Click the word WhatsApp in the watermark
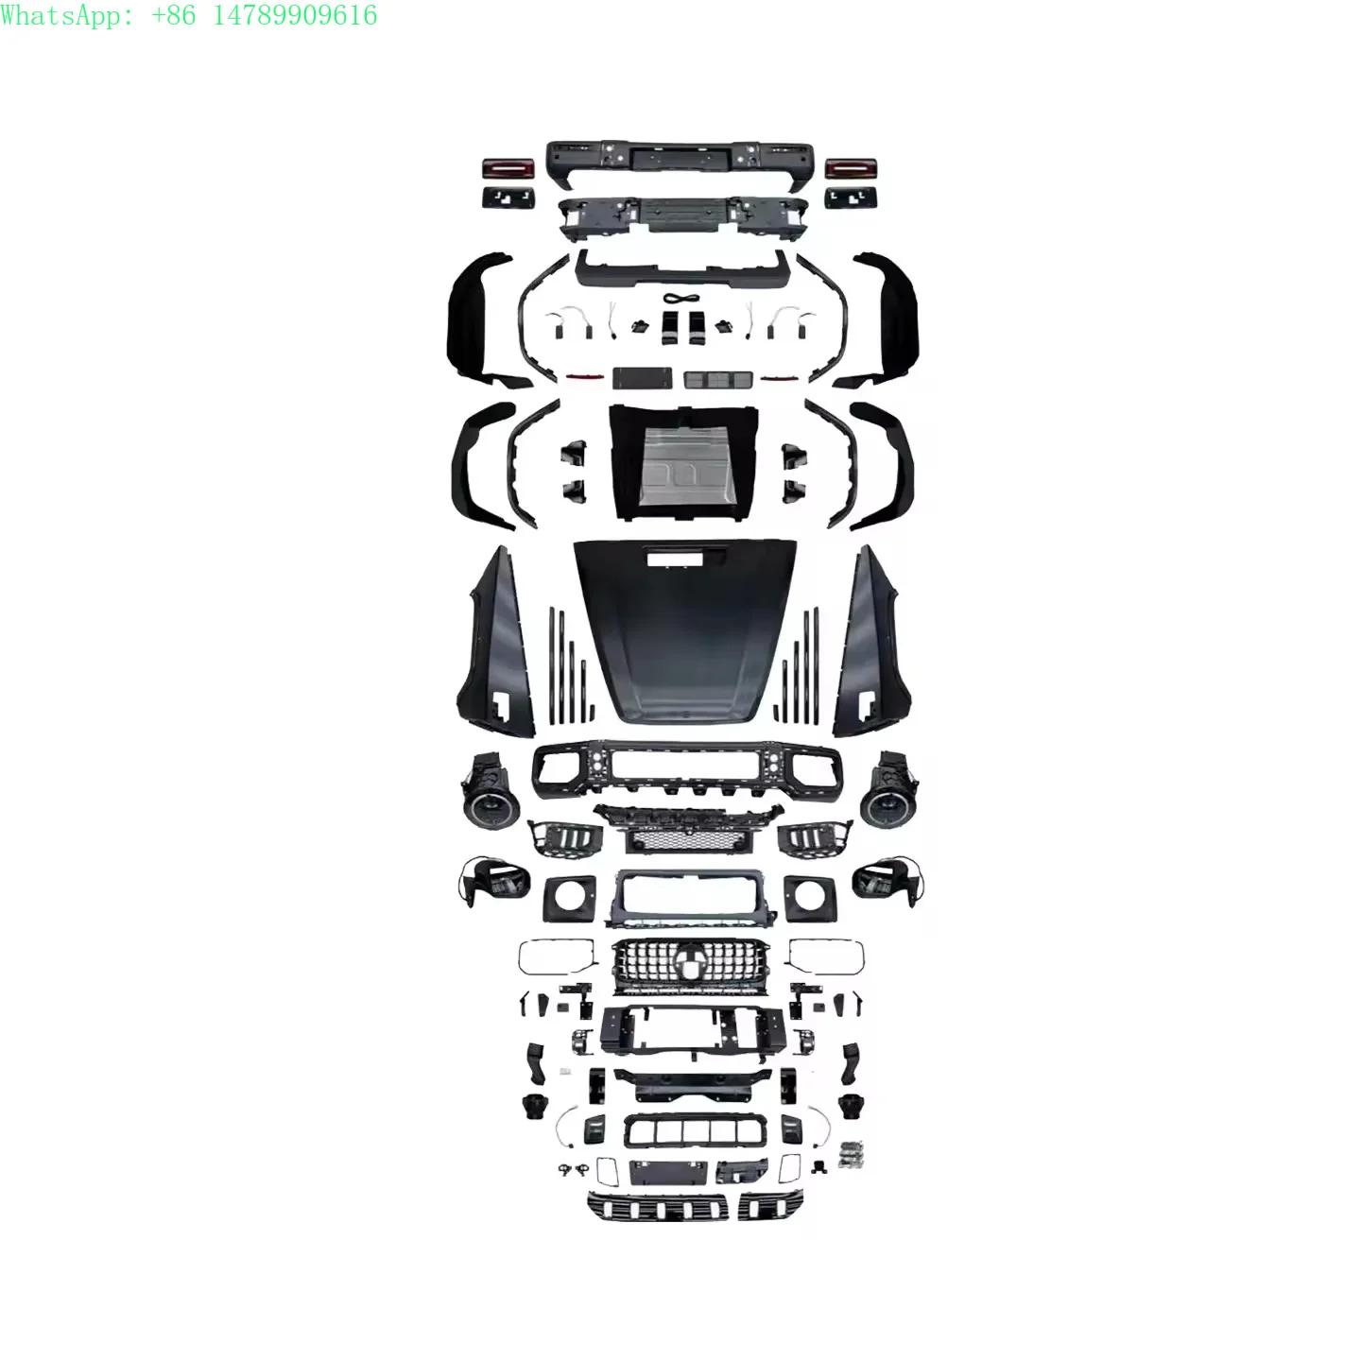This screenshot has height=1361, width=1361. tap(60, 15)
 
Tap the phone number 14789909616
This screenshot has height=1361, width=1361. tap(295, 15)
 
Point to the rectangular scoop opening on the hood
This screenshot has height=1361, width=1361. tap(675, 559)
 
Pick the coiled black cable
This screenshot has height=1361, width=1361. tap(680, 300)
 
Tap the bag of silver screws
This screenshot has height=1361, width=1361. tap(853, 1154)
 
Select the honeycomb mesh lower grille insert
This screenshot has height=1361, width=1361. tap(686, 840)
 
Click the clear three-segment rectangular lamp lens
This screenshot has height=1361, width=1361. tap(716, 379)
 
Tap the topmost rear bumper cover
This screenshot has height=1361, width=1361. tap(680, 164)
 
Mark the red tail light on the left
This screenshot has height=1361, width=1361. tap(508, 168)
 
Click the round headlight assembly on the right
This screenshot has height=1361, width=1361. tap(888, 789)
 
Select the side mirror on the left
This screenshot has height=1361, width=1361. tap(494, 883)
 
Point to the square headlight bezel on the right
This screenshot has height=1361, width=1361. tap(810, 899)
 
